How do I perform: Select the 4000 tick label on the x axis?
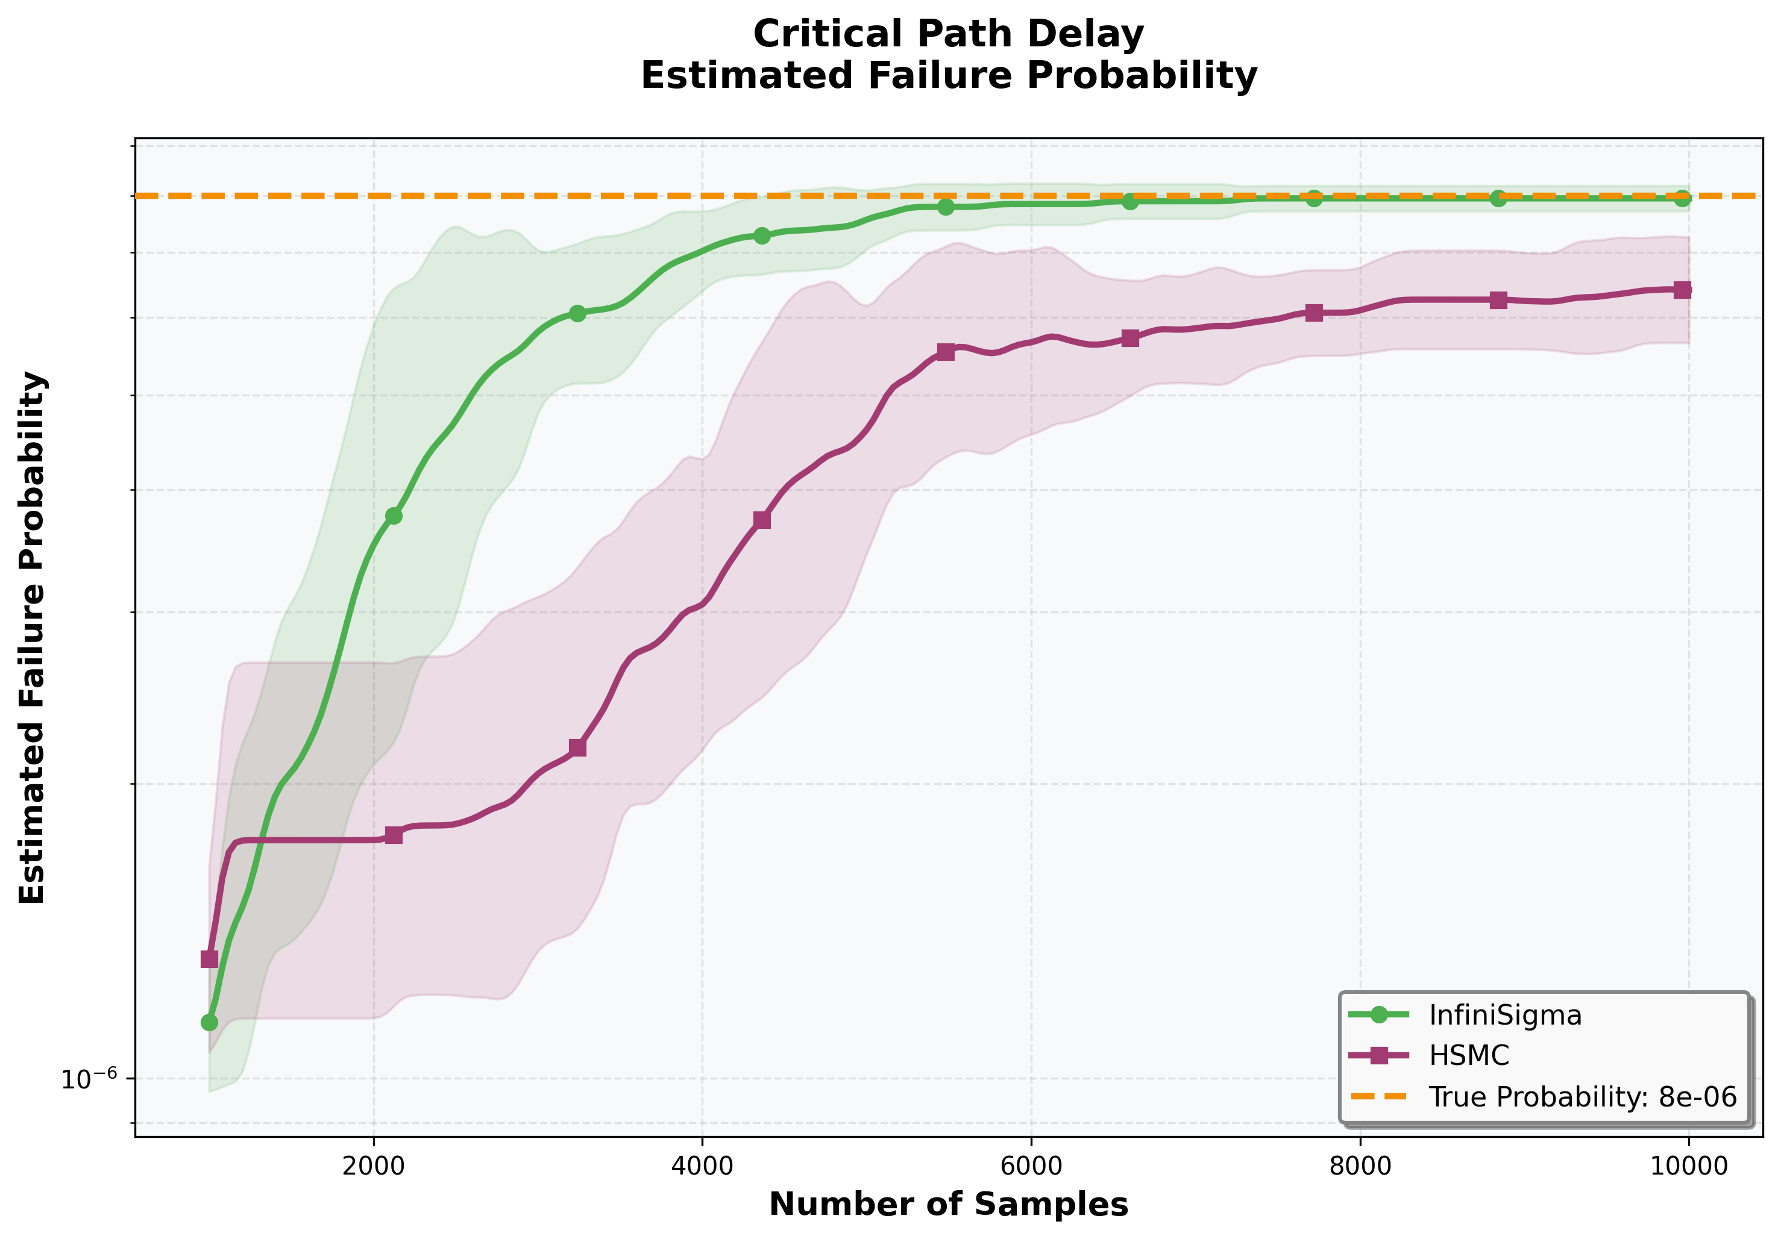pyautogui.click(x=702, y=1167)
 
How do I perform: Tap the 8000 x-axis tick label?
pyautogui.click(x=1360, y=1167)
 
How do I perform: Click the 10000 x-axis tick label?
pyautogui.click(x=1688, y=1167)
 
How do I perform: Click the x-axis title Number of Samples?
pyautogui.click(x=948, y=1205)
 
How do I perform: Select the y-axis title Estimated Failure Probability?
pyautogui.click(x=33, y=637)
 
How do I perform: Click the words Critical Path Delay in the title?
pyautogui.click(x=948, y=35)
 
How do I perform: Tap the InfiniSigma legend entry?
pyautogui.click(x=1504, y=1015)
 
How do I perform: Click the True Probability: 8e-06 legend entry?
pyautogui.click(x=1583, y=1096)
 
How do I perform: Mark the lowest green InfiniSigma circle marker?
pyautogui.click(x=209, y=1023)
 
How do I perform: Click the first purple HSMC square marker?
pyautogui.click(x=209, y=959)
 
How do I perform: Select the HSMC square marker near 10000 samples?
pyautogui.click(x=1682, y=290)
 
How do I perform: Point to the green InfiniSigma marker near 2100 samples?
pyautogui.click(x=394, y=516)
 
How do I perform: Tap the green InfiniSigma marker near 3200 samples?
pyautogui.click(x=577, y=313)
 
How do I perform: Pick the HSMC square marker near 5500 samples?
pyautogui.click(x=946, y=352)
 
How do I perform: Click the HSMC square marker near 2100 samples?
pyautogui.click(x=394, y=835)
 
